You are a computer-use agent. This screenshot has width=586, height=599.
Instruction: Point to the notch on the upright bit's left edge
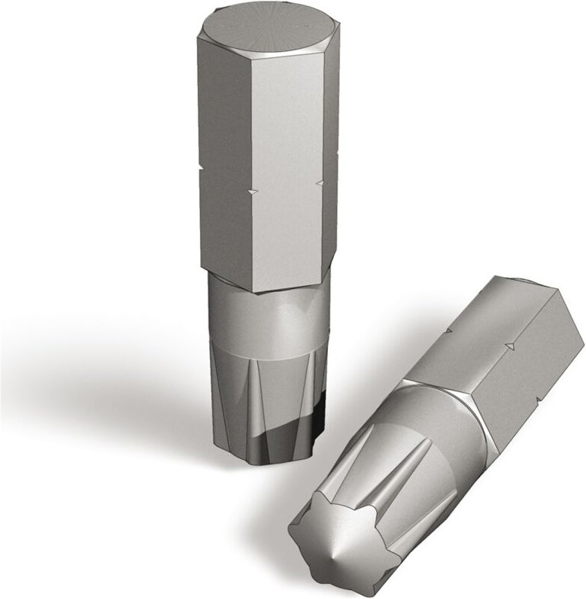(201, 165)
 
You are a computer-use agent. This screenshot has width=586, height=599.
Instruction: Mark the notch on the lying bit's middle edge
(511, 345)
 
